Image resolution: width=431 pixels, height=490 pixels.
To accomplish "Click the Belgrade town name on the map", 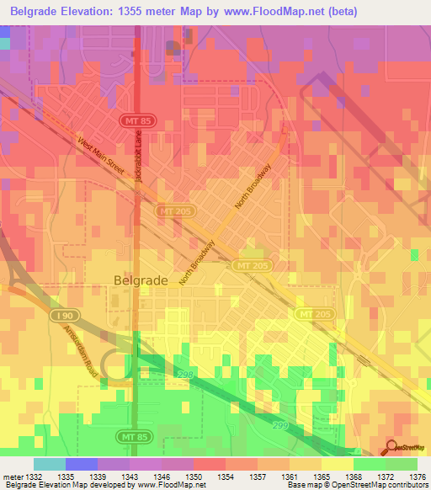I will click(x=140, y=280).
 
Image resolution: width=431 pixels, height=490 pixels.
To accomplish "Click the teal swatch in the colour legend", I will click(x=50, y=464).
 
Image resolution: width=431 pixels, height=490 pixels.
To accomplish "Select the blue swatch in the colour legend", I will click(x=82, y=464).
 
